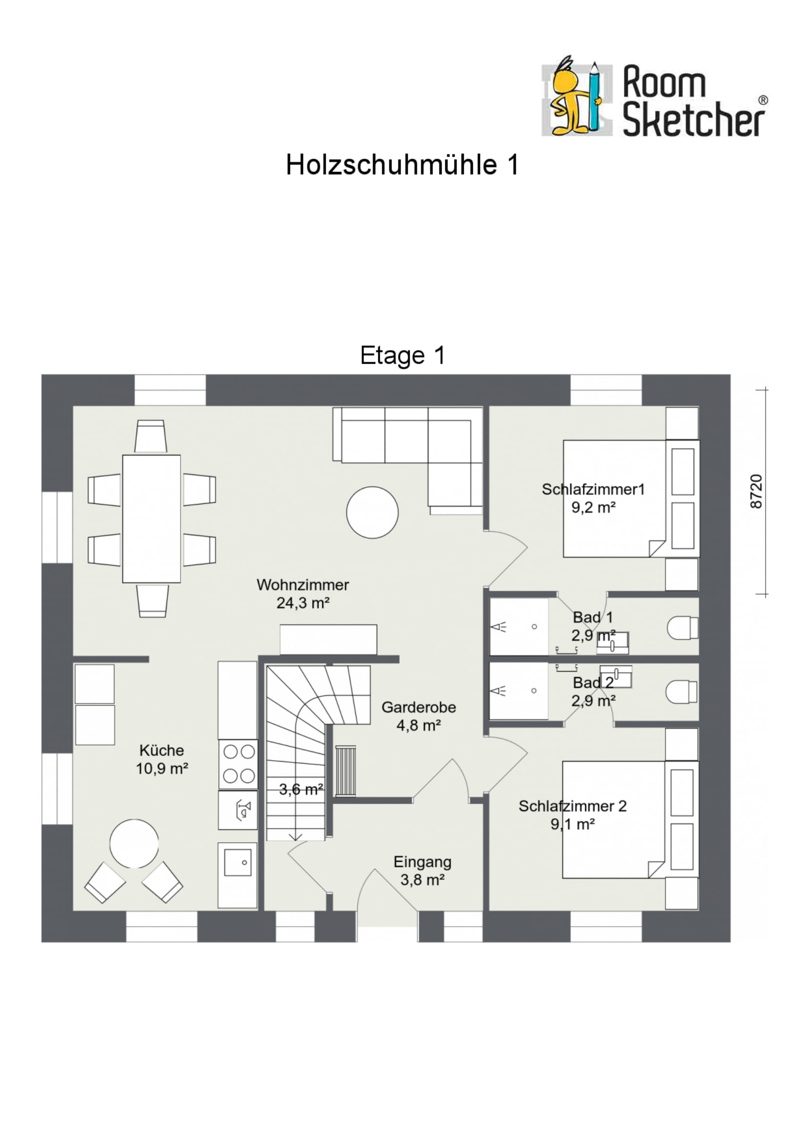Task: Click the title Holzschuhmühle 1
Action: click(x=402, y=165)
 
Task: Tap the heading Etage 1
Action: click(x=402, y=355)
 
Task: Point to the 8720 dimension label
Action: click(x=756, y=492)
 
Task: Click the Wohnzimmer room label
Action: click(x=302, y=585)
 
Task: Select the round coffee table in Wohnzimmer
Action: click(x=372, y=512)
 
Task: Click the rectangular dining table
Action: click(x=152, y=519)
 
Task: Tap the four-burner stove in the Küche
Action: click(x=239, y=764)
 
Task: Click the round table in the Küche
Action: click(x=134, y=844)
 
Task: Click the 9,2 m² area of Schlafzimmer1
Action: click(x=593, y=508)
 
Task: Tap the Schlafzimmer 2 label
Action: click(x=572, y=806)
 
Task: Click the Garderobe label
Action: click(x=419, y=707)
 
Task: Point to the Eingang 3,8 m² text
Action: click(x=422, y=880)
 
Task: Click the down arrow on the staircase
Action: click(x=295, y=837)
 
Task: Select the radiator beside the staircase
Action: click(x=346, y=771)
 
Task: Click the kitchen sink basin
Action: click(x=238, y=862)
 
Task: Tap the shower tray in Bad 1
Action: click(x=518, y=627)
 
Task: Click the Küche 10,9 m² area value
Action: click(x=162, y=768)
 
